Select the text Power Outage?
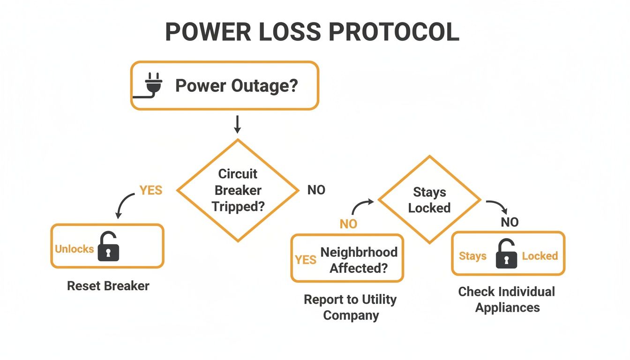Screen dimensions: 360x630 click(236, 86)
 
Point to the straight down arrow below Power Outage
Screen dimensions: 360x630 click(237, 124)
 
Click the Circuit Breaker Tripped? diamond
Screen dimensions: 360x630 click(238, 190)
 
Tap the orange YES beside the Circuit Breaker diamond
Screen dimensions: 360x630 click(150, 190)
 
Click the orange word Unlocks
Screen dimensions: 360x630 click(74, 249)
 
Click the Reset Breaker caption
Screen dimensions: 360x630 click(108, 286)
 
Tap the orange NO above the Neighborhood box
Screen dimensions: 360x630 click(348, 224)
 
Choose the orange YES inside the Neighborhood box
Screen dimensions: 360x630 click(306, 260)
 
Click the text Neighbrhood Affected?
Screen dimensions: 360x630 click(359, 260)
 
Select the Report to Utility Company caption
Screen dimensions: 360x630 click(350, 307)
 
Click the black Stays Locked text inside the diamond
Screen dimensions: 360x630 click(429, 200)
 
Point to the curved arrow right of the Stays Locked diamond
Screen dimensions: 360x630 click(497, 207)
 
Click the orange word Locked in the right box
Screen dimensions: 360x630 click(540, 256)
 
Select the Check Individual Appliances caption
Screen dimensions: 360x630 click(507, 300)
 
